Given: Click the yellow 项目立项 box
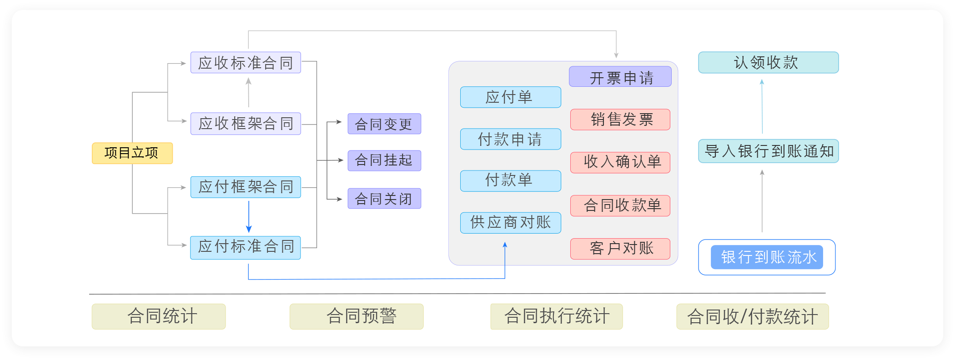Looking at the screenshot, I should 132,153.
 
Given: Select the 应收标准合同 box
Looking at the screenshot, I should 246,63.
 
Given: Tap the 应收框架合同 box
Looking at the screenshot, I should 246,124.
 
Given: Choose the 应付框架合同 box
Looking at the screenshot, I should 246,187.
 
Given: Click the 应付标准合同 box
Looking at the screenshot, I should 246,247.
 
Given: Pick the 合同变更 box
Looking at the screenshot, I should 384,124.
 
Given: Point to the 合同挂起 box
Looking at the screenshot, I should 384,160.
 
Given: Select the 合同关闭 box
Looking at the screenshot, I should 384,199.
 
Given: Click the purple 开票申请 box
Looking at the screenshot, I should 620,77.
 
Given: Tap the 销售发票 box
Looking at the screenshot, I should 620,120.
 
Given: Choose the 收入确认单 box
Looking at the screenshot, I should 620,162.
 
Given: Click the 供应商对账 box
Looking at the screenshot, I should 510,223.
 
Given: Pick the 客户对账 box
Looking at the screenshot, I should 620,249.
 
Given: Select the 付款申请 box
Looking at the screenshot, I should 510,139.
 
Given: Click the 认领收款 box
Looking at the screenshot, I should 768,63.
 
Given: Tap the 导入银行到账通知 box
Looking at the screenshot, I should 768,151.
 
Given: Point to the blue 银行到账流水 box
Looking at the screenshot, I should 767,257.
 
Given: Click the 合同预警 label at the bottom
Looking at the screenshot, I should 357,316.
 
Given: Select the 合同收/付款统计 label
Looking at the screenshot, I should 752,316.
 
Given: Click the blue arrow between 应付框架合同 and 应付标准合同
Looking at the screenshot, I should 249,217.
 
